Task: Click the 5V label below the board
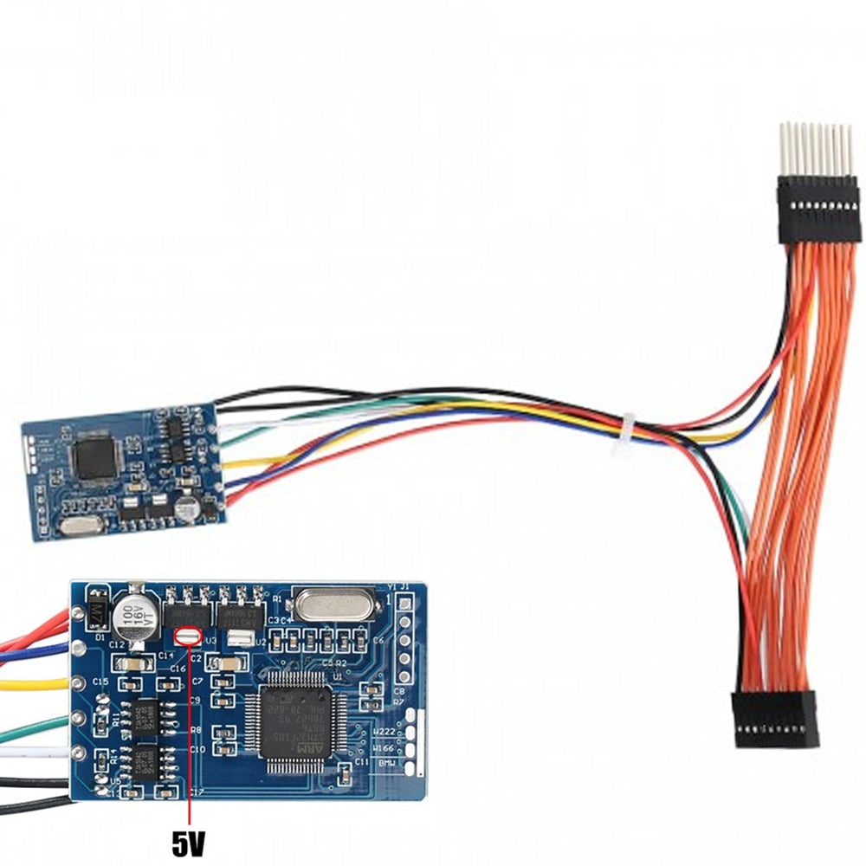tap(190, 843)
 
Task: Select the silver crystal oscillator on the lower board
tap(335, 604)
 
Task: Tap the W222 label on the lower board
tap(384, 732)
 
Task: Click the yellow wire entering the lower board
tap(35, 684)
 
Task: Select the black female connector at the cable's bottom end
tap(776, 721)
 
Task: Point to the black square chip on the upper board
tap(96, 457)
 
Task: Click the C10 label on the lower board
tap(197, 749)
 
